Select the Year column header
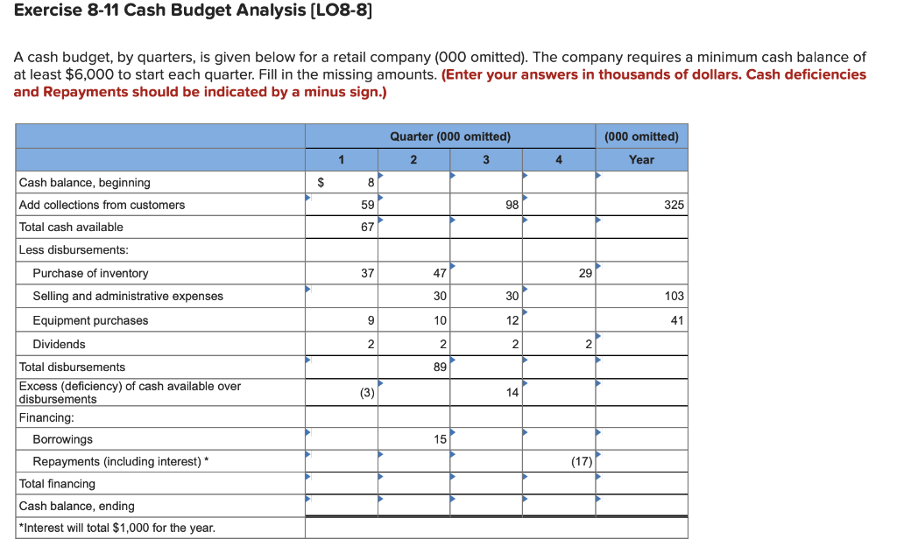(x=641, y=159)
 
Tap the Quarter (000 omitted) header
(x=450, y=136)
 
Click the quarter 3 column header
(x=486, y=159)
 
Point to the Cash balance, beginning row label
(x=84, y=183)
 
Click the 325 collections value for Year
(x=674, y=205)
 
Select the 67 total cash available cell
(x=367, y=227)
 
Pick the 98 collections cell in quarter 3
(x=512, y=205)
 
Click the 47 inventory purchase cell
(x=440, y=273)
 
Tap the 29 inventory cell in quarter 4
(x=585, y=273)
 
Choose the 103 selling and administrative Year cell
(x=674, y=297)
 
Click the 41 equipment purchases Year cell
(x=676, y=320)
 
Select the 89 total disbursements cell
(x=440, y=367)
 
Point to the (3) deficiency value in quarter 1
(x=367, y=393)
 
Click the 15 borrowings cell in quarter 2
(x=440, y=439)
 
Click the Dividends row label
(x=60, y=345)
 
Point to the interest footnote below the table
(x=117, y=528)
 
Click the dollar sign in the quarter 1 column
(x=321, y=183)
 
